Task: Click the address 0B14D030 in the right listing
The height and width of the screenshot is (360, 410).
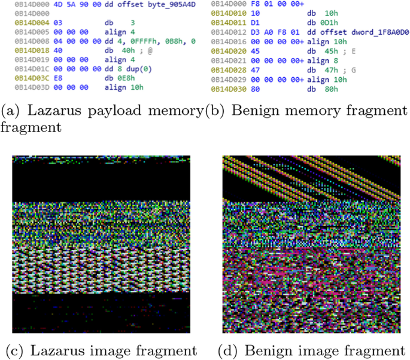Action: (226, 86)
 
